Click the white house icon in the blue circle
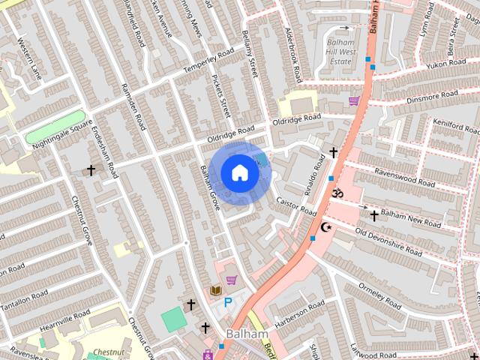tap(239, 172)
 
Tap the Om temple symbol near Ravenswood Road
tap(337, 193)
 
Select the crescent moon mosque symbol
tap(325, 226)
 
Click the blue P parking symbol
tap(228, 303)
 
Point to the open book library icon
tap(216, 290)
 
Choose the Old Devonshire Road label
tap(397, 242)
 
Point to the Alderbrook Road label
tap(293, 56)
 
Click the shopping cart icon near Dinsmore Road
tap(352, 100)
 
